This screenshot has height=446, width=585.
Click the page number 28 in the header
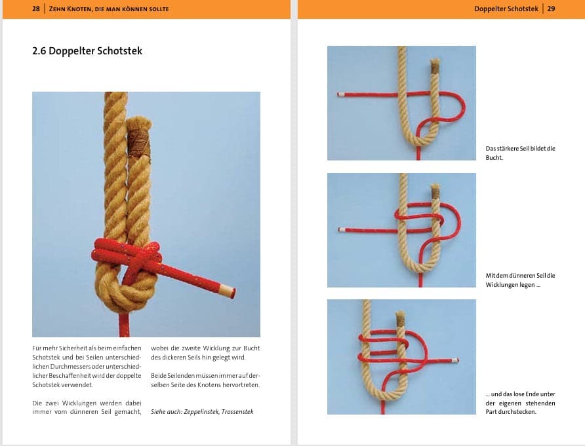pyautogui.click(x=36, y=9)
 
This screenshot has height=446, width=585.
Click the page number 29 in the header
pyautogui.click(x=551, y=9)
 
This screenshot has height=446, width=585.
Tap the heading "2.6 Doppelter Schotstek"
pyautogui.click(x=87, y=50)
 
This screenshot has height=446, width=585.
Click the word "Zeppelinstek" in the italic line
pyautogui.click(x=201, y=412)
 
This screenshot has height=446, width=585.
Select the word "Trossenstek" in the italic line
pyautogui.click(x=237, y=412)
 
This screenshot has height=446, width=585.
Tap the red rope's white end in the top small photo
pyautogui.click(x=340, y=95)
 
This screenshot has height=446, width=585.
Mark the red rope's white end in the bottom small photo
pyautogui.click(x=454, y=360)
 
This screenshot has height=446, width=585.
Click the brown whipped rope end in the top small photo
pyautogui.click(x=435, y=66)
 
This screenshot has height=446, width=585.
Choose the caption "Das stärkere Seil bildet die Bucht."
pyautogui.click(x=521, y=153)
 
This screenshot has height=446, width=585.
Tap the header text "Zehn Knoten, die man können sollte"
pyautogui.click(x=109, y=9)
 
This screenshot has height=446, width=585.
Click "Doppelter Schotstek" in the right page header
pyautogui.click(x=506, y=9)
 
